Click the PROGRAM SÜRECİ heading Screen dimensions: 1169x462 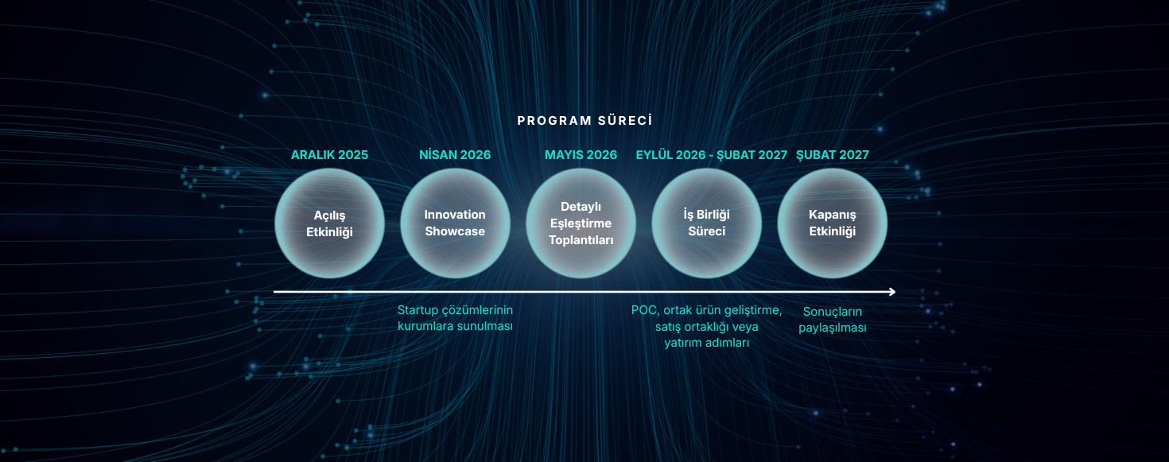[584, 121]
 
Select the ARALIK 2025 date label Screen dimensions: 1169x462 [329, 155]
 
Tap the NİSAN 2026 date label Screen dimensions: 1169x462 [455, 155]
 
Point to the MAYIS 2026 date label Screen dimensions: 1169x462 [581, 155]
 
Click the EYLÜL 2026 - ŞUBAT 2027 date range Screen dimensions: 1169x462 [711, 155]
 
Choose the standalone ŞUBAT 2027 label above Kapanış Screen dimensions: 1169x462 [833, 155]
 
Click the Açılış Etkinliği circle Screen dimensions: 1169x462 [330, 223]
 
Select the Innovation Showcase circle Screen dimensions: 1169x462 [455, 223]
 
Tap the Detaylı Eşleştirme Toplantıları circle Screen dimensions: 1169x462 [581, 223]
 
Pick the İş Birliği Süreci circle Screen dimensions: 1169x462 [707, 223]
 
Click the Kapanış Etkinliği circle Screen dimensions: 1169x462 [833, 223]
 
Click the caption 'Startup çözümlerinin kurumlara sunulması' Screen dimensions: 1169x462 [455, 318]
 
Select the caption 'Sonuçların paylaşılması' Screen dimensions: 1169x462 [833, 320]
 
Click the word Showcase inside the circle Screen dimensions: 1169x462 [455, 231]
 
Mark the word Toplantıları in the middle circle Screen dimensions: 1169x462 [581, 240]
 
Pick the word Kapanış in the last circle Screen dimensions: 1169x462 [833, 215]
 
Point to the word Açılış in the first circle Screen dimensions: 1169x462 [329, 215]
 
